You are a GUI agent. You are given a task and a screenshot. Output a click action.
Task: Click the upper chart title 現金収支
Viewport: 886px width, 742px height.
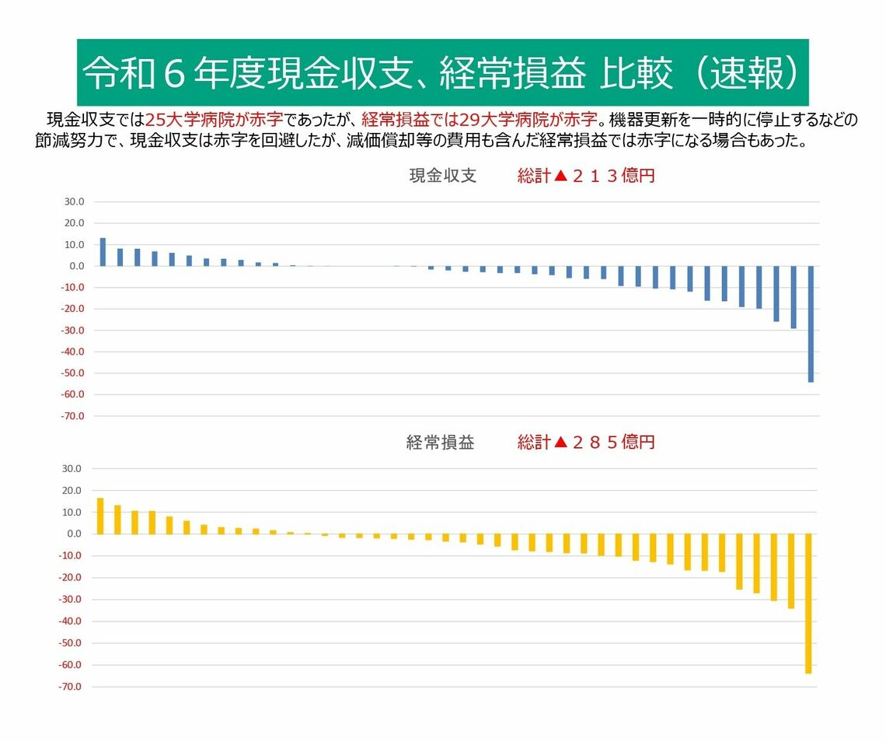click(442, 176)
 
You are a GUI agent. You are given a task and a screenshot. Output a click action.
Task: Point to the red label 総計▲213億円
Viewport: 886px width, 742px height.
click(587, 176)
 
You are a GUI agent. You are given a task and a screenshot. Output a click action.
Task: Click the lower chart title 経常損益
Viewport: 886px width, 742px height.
click(440, 443)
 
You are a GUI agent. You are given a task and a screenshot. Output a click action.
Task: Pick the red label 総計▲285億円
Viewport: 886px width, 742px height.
click(587, 443)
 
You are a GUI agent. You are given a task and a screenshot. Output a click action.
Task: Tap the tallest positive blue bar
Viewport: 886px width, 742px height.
click(103, 252)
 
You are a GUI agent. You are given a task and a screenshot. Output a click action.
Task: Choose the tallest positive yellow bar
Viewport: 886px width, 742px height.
click(100, 516)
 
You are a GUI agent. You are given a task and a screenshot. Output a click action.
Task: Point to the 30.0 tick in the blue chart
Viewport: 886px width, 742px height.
click(75, 202)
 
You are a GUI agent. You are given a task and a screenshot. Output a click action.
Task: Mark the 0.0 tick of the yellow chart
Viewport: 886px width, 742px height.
click(75, 534)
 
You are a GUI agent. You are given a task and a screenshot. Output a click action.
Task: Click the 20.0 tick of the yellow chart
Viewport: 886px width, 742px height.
click(74, 491)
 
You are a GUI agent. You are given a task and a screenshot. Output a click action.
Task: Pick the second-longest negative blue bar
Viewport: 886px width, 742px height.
click(794, 297)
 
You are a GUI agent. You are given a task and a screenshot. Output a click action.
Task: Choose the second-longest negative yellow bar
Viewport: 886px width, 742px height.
click(791, 571)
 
